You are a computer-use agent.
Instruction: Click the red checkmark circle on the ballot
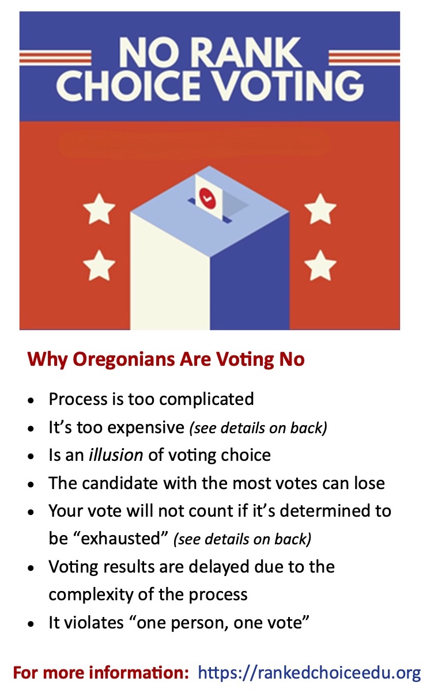[x=206, y=198]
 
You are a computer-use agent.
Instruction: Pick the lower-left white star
[x=99, y=266]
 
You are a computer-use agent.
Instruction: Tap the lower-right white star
[x=320, y=266]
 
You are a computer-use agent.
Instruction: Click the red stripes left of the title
[x=55, y=57]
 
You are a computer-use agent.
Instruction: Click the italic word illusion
[x=115, y=454]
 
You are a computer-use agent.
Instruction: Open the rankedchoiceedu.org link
[x=309, y=672]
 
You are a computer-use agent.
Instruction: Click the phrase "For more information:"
[x=101, y=672]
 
